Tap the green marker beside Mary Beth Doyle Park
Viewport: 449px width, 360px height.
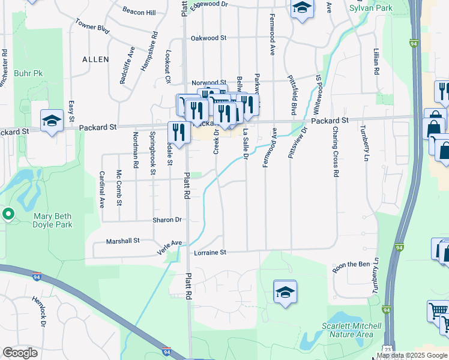[8, 213]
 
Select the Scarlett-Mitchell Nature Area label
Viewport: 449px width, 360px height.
[351, 330]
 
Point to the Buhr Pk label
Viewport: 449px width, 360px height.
[30, 73]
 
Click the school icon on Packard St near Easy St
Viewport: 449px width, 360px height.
[52, 121]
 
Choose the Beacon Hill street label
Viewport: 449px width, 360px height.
[139, 12]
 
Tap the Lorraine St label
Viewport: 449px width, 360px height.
[209, 253]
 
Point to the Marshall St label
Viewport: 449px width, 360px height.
[122, 241]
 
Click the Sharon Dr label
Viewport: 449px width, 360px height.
[167, 220]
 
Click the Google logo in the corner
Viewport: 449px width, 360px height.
[20, 353]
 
